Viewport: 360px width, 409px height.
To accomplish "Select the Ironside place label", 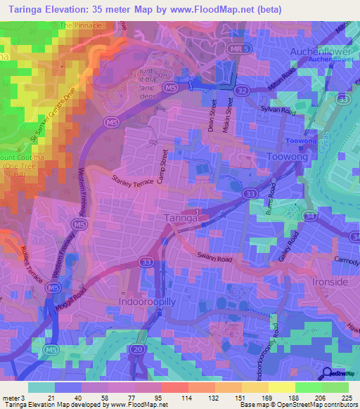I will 328,282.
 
